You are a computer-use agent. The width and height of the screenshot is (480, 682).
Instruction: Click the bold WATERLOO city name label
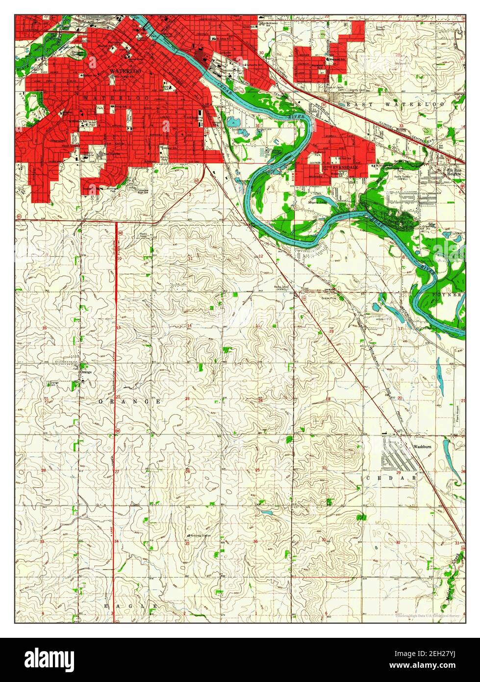click(122, 71)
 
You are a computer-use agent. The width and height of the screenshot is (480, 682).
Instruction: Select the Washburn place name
click(421, 447)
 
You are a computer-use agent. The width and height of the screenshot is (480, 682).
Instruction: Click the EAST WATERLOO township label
click(395, 105)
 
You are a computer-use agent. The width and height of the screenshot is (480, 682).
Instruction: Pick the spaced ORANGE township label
click(130, 401)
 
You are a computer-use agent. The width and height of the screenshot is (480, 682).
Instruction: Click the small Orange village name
click(86, 372)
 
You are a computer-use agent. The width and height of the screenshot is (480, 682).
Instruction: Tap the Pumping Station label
click(199, 535)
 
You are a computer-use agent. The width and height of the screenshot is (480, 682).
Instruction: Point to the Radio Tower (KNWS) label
click(283, 289)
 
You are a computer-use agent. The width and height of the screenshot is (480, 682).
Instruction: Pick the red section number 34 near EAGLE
click(116, 542)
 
